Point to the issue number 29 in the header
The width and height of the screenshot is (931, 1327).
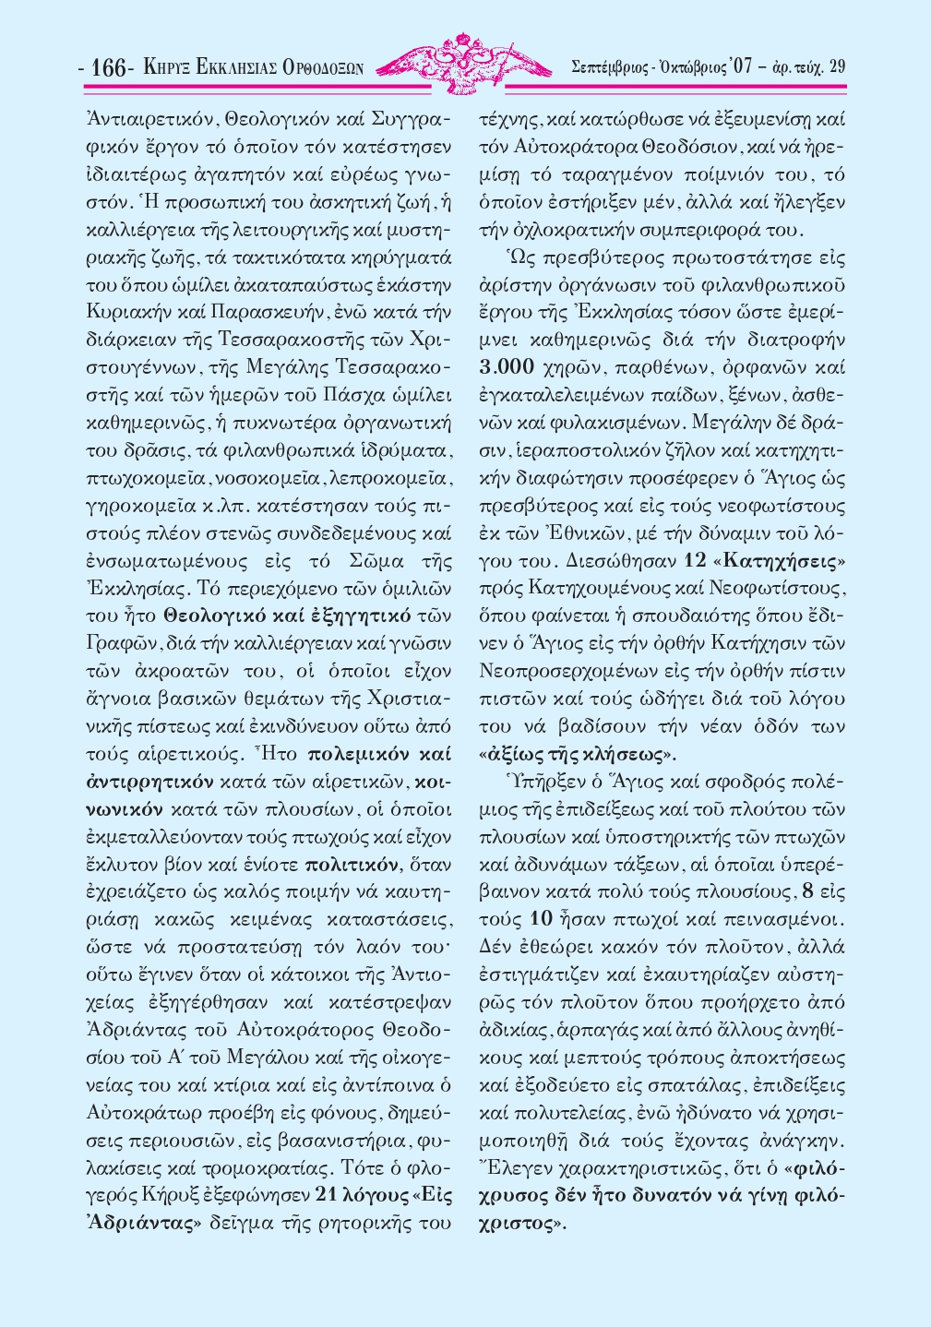click(837, 66)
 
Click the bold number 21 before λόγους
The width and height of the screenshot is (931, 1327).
click(330, 1195)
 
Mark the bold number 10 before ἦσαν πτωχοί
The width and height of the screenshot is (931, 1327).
click(542, 919)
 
